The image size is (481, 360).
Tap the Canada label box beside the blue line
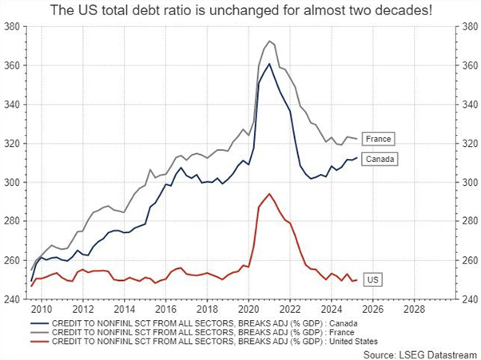[x=378, y=159]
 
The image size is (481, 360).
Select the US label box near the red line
[x=372, y=280]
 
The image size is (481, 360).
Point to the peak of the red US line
[x=269, y=194]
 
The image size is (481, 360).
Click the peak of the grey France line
[x=269, y=41]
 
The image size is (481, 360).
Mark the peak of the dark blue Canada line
[x=269, y=64]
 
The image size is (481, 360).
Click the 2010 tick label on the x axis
[x=42, y=307]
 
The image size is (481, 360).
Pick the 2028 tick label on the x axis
[x=413, y=307]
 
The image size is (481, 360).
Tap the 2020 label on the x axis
[x=248, y=307]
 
